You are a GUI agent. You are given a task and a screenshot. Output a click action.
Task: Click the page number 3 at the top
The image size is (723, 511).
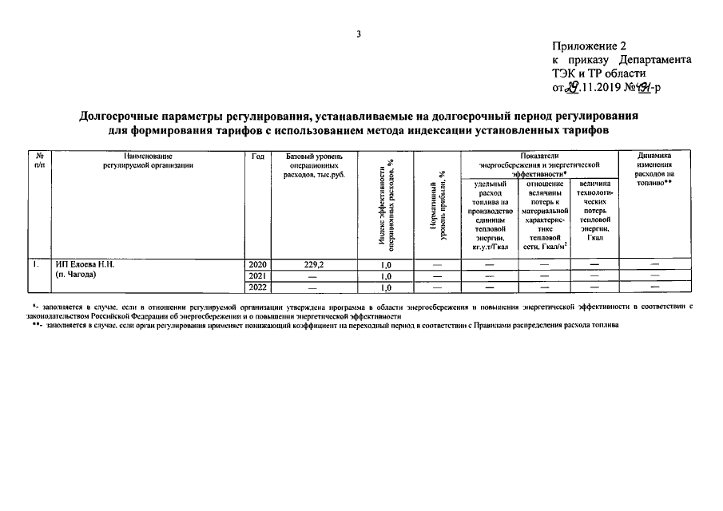[360, 34]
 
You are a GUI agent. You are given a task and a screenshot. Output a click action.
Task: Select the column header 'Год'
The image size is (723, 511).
[257, 156]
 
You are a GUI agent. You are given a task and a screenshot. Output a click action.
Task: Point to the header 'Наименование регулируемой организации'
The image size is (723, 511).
[148, 160]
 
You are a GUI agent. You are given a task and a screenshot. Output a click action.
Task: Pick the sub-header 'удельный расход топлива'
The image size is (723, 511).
[490, 215]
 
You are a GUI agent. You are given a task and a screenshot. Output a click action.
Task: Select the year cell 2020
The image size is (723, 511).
[257, 264]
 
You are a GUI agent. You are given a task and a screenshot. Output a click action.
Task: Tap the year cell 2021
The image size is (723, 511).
[257, 275]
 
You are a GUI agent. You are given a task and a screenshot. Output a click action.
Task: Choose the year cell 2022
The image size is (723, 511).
[257, 287]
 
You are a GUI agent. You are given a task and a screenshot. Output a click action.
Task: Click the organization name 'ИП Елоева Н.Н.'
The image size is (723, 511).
[85, 264]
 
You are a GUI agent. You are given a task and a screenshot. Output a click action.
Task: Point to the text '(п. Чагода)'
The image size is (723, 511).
[76, 275]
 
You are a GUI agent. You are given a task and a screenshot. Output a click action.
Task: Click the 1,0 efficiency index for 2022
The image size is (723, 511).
[386, 287]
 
